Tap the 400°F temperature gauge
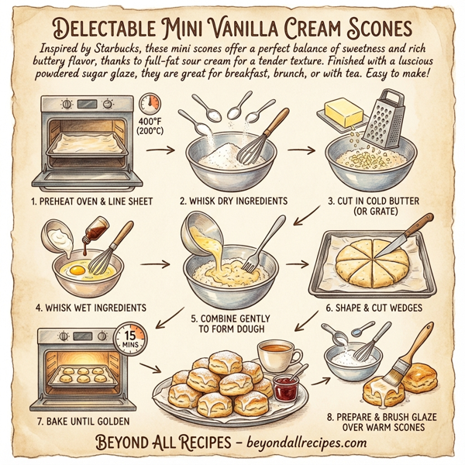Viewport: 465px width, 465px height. coord(150,108)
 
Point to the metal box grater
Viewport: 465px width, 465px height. coord(383,117)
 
